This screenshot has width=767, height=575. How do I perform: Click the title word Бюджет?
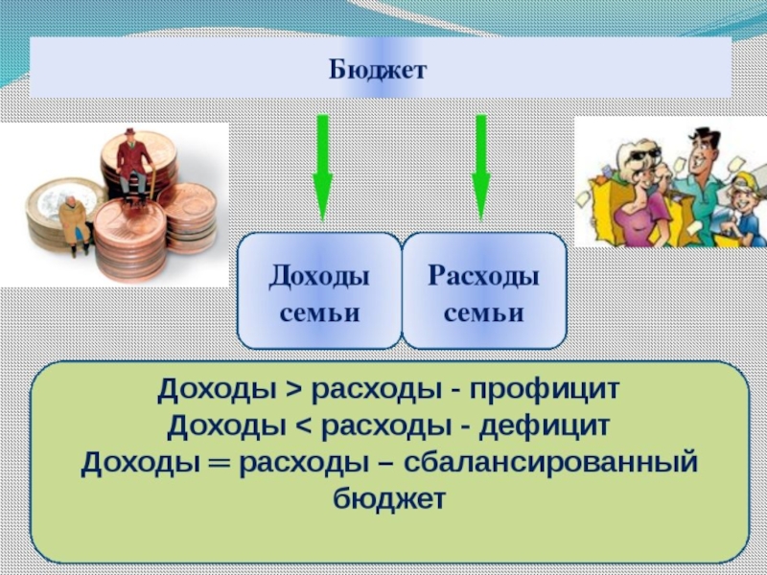point(378,70)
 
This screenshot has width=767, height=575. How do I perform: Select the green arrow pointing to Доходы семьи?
point(322,168)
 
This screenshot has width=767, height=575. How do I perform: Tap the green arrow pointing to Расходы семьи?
point(481,168)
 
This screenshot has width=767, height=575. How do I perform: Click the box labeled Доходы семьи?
point(319,291)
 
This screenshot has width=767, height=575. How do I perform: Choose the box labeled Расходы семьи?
point(484,291)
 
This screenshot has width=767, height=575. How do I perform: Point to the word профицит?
point(545,391)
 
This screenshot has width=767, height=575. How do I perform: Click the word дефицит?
point(544,425)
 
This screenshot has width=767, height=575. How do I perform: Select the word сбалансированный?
point(550,462)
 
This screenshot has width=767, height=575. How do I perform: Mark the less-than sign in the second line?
point(303,425)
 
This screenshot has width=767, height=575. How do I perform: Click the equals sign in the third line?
point(220,462)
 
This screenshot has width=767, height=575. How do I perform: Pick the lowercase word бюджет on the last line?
point(389,498)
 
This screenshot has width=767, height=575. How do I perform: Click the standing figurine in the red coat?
point(133,164)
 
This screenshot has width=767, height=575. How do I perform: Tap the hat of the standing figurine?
point(129,132)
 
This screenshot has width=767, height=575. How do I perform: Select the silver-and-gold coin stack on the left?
point(61,213)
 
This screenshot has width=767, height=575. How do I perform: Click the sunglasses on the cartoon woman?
point(644,156)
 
